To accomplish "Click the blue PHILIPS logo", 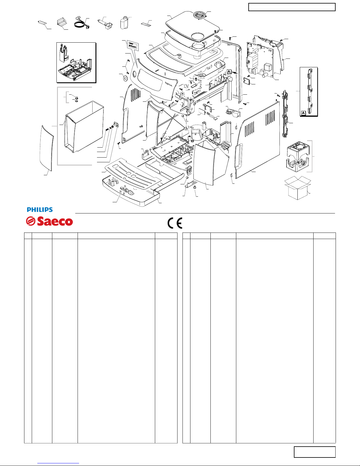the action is [x=40, y=210].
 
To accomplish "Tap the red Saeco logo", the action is [x=49, y=221].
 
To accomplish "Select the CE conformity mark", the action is [x=175, y=223].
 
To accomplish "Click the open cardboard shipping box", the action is [x=298, y=188].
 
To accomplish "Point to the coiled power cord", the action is [x=81, y=23].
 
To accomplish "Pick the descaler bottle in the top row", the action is [x=124, y=23].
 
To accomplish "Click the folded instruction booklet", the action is [x=62, y=22].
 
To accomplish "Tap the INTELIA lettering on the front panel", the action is [x=169, y=84].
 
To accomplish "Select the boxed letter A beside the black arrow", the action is [x=229, y=72].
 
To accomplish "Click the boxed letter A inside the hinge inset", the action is [x=303, y=113].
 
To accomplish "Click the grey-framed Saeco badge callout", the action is [x=133, y=45].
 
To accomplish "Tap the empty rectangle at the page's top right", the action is [x=292, y=7].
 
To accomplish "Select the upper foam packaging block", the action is [x=298, y=149].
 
